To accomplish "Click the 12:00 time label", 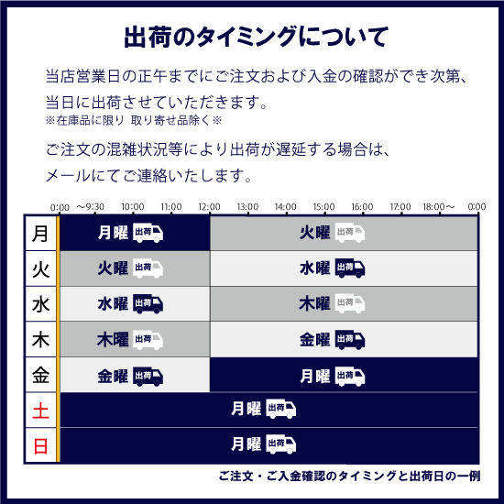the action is pos(209,206).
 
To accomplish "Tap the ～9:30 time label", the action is pos(91,206).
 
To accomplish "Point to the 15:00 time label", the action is pos(324,206).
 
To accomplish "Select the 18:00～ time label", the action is pos(439,206).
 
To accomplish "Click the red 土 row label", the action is pos(41,411).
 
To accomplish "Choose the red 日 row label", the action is pos(41,446).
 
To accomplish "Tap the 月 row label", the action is pos(40,234).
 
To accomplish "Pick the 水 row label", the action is pos(41,304).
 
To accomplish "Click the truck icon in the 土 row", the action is pos(281,409).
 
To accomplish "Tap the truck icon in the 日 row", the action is pos(281,444).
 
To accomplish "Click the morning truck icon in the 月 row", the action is pos(148,233).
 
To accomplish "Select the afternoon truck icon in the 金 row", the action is pos(350,377).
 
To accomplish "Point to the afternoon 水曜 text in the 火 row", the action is pos(314,268).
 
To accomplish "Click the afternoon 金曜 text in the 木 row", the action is pos(314,340).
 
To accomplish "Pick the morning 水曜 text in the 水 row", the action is pos(113,303).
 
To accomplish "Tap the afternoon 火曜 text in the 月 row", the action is pos(314,233).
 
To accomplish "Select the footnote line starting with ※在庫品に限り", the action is pos(134,121).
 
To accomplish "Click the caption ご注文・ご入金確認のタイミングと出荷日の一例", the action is pos(349,476).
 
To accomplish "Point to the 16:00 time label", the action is pos(362,206).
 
